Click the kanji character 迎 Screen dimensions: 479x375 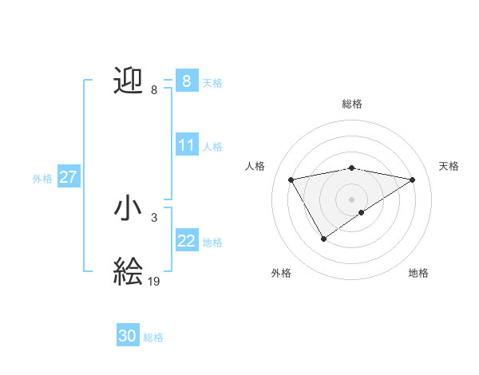pyautogui.click(x=129, y=81)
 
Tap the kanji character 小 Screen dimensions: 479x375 pyautogui.click(x=129, y=208)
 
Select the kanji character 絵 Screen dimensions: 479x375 pyautogui.click(x=129, y=272)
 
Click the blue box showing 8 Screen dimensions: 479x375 pyautogui.click(x=186, y=81)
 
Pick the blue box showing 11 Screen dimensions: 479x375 pyautogui.click(x=187, y=145)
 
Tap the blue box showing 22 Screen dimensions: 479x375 pyautogui.click(x=187, y=241)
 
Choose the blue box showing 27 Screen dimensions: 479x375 pyautogui.click(x=69, y=177)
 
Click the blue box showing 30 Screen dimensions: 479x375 pyautogui.click(x=128, y=337)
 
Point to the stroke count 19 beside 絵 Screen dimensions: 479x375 pyautogui.click(x=154, y=281)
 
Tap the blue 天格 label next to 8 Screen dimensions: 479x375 pyautogui.click(x=212, y=82)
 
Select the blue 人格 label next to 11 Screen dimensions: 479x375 pyautogui.click(x=212, y=147)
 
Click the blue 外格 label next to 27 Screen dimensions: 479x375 pyautogui.click(x=42, y=179)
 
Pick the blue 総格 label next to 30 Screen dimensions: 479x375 pyautogui.click(x=153, y=337)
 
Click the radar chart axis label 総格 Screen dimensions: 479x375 pyautogui.click(x=352, y=104)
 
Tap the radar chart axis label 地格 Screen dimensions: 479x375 pyautogui.click(x=418, y=273)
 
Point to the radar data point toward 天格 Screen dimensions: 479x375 pyautogui.click(x=413, y=180)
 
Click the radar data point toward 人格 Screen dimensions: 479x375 pyautogui.click(x=291, y=180)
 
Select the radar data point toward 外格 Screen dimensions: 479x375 pyautogui.click(x=323, y=238)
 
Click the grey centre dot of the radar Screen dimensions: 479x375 pyautogui.click(x=352, y=199)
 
